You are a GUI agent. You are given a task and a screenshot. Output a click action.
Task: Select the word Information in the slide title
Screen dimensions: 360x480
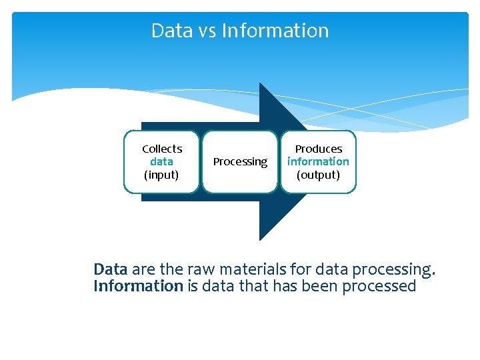(275, 31)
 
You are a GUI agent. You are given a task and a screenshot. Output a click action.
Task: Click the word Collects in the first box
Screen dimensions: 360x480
(162, 149)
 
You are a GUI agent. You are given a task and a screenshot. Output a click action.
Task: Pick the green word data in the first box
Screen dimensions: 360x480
(161, 161)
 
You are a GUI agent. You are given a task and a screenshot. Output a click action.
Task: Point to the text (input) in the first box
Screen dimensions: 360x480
(161, 175)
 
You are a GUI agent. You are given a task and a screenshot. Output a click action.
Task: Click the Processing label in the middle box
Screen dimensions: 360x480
(240, 162)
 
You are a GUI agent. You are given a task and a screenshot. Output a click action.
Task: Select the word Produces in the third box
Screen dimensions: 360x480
(318, 149)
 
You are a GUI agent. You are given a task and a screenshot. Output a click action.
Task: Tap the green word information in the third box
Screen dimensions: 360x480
(318, 161)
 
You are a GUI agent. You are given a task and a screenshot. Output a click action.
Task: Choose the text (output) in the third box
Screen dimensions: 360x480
(318, 175)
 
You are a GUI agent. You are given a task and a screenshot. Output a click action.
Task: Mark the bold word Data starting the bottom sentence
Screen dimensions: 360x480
(111, 269)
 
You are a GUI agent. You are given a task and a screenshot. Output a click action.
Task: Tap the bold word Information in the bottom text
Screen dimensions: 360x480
(138, 286)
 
